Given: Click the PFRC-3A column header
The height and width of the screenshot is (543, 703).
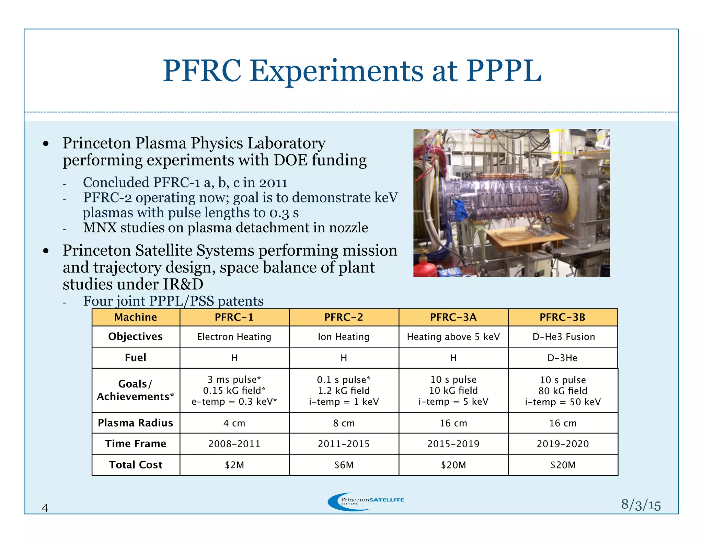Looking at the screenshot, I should pyautogui.click(x=453, y=317).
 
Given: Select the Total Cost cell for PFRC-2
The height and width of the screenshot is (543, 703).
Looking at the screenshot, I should pyautogui.click(x=344, y=465).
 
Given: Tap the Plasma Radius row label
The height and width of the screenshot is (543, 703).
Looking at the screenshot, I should pyautogui.click(x=136, y=423).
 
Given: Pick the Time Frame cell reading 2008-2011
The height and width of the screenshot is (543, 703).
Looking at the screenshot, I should pyautogui.click(x=234, y=444).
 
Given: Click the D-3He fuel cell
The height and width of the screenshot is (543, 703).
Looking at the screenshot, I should pyautogui.click(x=562, y=358).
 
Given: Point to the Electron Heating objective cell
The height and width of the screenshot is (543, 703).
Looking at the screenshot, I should pyautogui.click(x=234, y=337).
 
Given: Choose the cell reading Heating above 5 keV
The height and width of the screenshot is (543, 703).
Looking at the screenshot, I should pyautogui.click(x=453, y=337).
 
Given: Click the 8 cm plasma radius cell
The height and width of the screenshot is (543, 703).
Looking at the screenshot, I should pyautogui.click(x=344, y=423).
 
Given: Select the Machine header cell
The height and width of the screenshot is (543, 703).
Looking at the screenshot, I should pyautogui.click(x=136, y=317).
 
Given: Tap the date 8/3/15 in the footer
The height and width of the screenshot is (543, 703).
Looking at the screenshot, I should pyautogui.click(x=641, y=505).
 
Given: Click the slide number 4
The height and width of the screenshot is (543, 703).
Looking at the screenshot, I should pyautogui.click(x=45, y=508).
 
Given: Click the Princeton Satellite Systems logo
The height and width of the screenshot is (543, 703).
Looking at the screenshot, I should pyautogui.click(x=366, y=501).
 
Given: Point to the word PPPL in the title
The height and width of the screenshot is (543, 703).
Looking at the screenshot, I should pyautogui.click(x=503, y=71).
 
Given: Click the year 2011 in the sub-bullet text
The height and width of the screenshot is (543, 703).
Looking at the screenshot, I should pyautogui.click(x=273, y=183).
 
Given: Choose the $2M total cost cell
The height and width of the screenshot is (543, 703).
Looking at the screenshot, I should pyautogui.click(x=234, y=465).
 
